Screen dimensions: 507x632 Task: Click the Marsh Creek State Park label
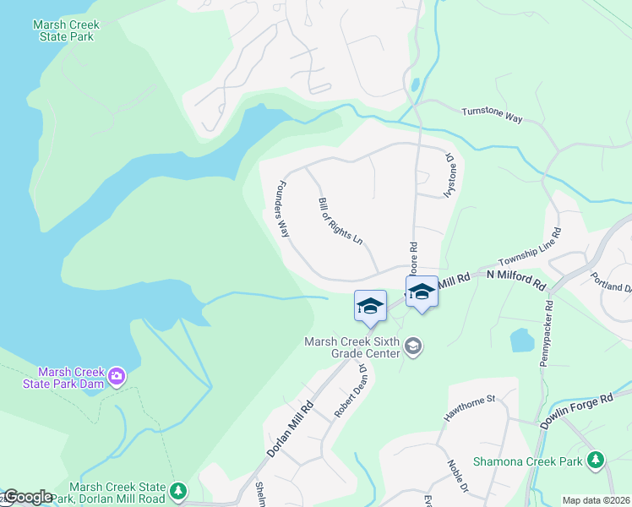click(x=66, y=30)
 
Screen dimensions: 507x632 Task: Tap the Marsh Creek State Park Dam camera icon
click(x=117, y=374)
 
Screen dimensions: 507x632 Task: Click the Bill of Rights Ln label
click(x=340, y=221)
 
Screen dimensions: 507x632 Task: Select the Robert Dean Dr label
click(x=350, y=391)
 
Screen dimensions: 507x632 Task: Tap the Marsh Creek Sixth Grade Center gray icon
click(x=413, y=346)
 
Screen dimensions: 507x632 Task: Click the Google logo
click(x=27, y=498)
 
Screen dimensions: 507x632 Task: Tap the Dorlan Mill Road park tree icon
click(x=178, y=490)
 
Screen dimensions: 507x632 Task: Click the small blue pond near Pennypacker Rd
click(x=522, y=341)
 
